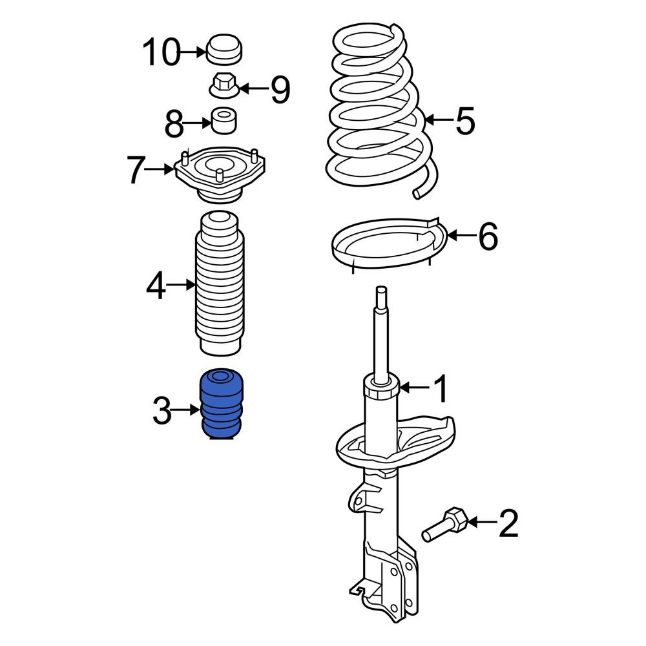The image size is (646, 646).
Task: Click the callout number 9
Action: point(280,89)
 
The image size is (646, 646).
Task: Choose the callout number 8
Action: point(174,124)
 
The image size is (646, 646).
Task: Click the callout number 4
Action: point(156,286)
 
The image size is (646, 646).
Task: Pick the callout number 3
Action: point(162,411)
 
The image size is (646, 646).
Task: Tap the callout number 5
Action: point(465,121)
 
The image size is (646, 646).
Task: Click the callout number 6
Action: point(488,236)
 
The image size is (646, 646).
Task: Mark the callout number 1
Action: point(439,389)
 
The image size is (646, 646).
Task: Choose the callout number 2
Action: point(508,523)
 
